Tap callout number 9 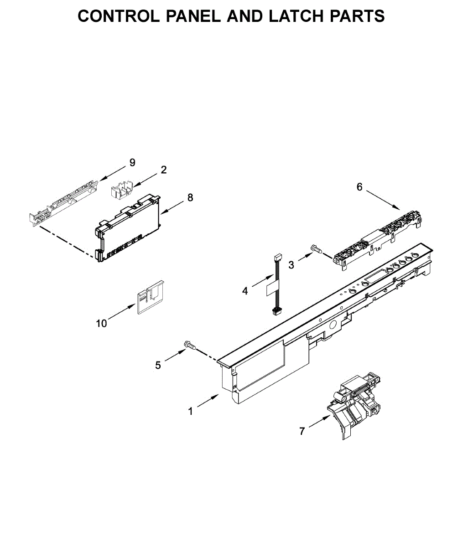[132, 162]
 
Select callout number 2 [164, 170]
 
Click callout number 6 [359, 187]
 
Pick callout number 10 [101, 323]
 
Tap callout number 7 [302, 431]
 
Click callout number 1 [191, 411]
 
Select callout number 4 [245, 290]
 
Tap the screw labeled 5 [189, 345]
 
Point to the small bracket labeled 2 [121, 189]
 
